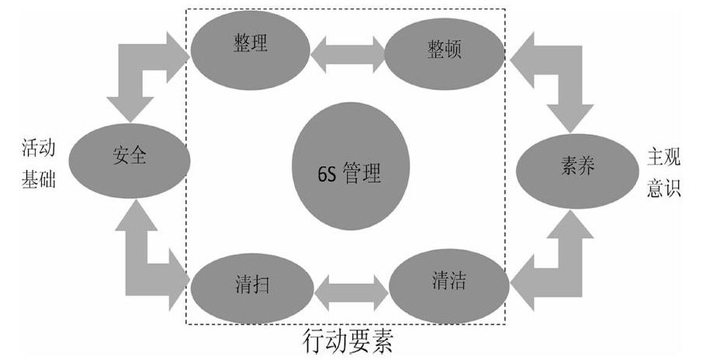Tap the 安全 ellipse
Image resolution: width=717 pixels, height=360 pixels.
129,158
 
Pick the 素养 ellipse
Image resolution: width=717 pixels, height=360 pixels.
577,166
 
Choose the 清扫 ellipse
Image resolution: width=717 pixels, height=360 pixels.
250,284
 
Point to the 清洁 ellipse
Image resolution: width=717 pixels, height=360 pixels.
449,282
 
